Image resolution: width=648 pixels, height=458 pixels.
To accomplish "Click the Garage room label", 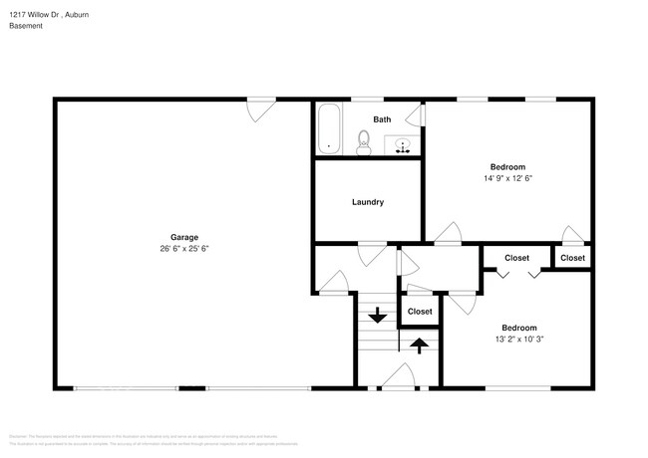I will [x=183, y=237].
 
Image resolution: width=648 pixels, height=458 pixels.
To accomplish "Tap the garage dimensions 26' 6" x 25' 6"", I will [x=183, y=249].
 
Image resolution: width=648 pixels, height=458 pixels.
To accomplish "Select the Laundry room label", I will [x=368, y=202].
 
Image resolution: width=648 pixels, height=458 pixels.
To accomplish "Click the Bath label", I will [x=382, y=119].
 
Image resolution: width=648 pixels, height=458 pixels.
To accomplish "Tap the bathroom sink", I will [x=403, y=145].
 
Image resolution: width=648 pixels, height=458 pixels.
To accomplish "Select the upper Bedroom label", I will [x=507, y=166].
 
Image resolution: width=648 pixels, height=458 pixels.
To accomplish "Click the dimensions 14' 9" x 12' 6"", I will [x=507, y=178].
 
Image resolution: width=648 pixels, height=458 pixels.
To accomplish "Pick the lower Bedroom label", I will [x=518, y=328].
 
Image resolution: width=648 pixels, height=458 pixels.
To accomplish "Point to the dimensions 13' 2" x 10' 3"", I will [x=518, y=340].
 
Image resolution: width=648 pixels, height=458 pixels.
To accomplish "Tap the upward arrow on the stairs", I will [x=420, y=345].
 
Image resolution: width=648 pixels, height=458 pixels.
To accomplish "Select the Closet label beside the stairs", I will [x=420, y=312].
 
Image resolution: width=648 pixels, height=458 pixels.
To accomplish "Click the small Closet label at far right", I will [x=572, y=258].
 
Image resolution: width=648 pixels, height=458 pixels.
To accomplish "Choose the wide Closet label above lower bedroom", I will [x=516, y=258].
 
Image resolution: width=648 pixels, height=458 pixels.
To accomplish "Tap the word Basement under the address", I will [x=26, y=27].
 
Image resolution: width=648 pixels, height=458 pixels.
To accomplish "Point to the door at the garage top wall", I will [x=261, y=109].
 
